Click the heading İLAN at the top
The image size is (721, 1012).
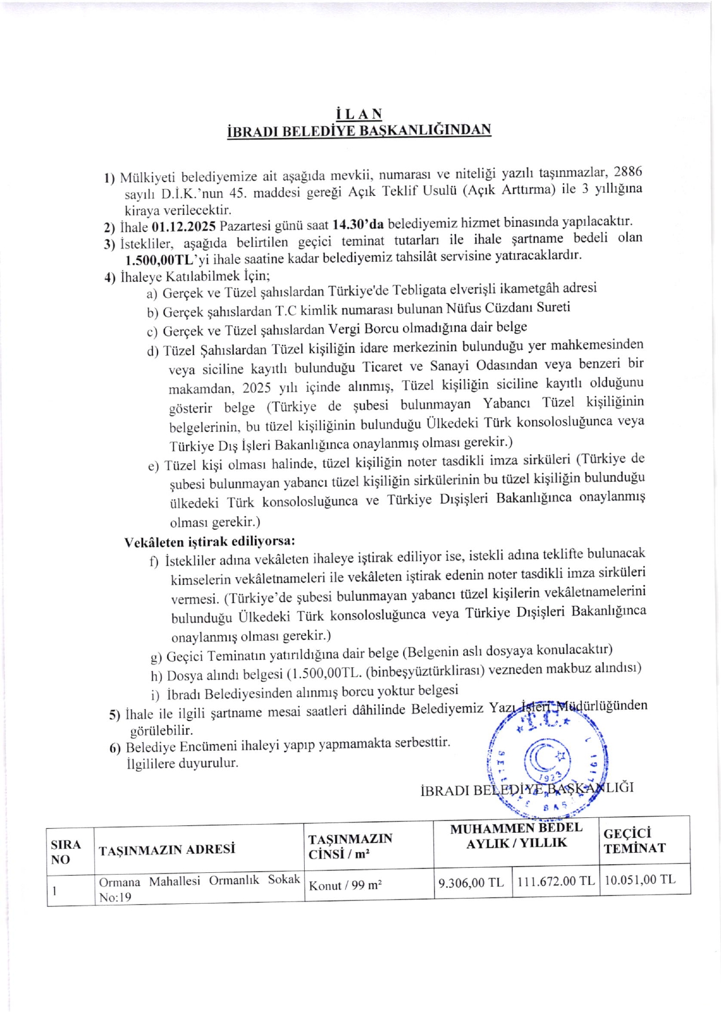coord(359,114)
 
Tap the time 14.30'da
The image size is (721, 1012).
coord(358,224)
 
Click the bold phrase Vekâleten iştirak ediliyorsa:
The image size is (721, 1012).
coord(210,541)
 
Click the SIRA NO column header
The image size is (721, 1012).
coord(66,852)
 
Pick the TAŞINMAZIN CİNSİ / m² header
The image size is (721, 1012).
coord(350,846)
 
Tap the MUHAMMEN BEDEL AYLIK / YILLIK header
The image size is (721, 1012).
coord(516,836)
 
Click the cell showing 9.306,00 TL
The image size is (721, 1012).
coord(471,882)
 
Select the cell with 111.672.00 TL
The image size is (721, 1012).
coord(555,881)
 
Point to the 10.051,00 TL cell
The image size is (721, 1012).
coord(640,880)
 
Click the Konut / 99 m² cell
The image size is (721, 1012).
coord(345,885)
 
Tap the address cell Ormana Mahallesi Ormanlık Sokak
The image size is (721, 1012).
coord(199,881)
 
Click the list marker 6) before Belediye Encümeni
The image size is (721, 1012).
coord(115,749)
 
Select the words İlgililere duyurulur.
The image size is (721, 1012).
coord(182,763)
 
